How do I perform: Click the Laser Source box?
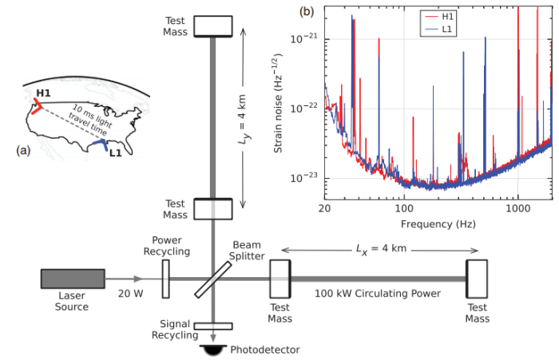click(73, 279)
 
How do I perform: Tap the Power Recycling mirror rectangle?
click(166, 279)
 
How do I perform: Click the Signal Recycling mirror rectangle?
click(213, 326)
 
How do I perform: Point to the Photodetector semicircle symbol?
click(213, 349)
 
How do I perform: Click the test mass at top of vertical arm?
click(213, 25)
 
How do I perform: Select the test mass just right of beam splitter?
click(280, 279)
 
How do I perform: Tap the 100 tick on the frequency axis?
click(404, 207)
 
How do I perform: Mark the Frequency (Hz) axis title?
click(434, 224)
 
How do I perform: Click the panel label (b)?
click(304, 11)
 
